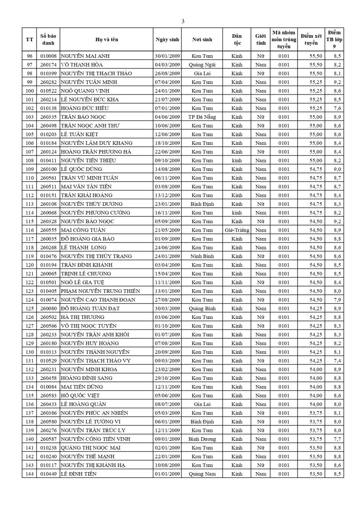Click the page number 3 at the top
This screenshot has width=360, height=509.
coord(183,21)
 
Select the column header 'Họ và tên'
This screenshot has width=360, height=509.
coord(106,39)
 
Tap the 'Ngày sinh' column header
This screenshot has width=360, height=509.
coord(167,39)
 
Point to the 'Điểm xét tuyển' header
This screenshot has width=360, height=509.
coord(311,39)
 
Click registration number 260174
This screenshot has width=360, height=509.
coord(48,64)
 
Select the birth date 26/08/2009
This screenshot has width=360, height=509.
coord(167,73)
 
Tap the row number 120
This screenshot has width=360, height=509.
coord(29,265)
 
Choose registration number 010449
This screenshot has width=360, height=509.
coord(48,474)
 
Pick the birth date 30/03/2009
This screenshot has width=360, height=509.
coord(167,308)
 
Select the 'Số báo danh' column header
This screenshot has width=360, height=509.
coord(48,39)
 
